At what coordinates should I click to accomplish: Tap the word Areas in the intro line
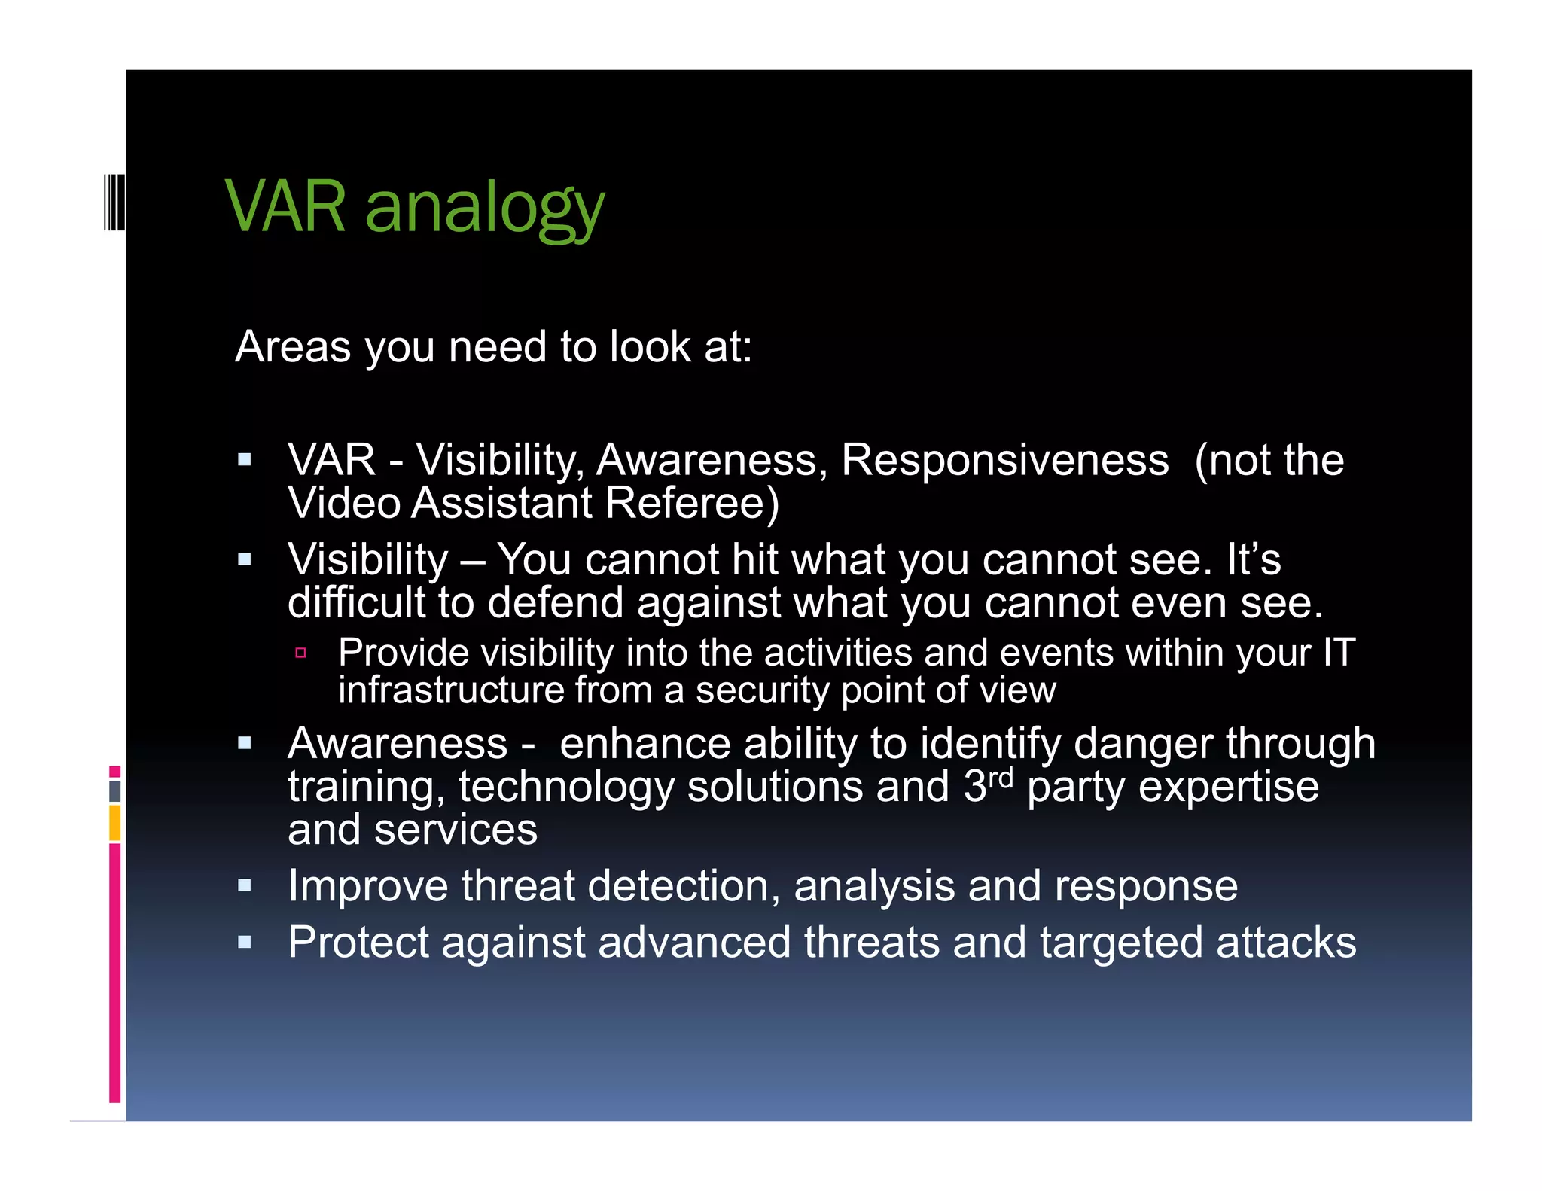coord(293,347)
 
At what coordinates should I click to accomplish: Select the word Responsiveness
coord(1004,460)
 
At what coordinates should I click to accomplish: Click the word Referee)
coord(692,503)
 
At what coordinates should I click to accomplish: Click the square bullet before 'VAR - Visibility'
coord(244,459)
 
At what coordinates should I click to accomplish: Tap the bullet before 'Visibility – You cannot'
coord(244,559)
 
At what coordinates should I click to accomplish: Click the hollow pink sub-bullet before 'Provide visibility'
coord(300,653)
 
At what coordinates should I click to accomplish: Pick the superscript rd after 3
coord(1001,777)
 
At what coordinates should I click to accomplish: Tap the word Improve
coord(367,886)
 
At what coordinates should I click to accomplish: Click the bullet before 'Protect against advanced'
coord(244,942)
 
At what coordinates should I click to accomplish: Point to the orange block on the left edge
coord(114,823)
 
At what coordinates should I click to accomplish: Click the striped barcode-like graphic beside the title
coord(114,201)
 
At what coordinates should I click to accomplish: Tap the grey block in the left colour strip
coord(114,790)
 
